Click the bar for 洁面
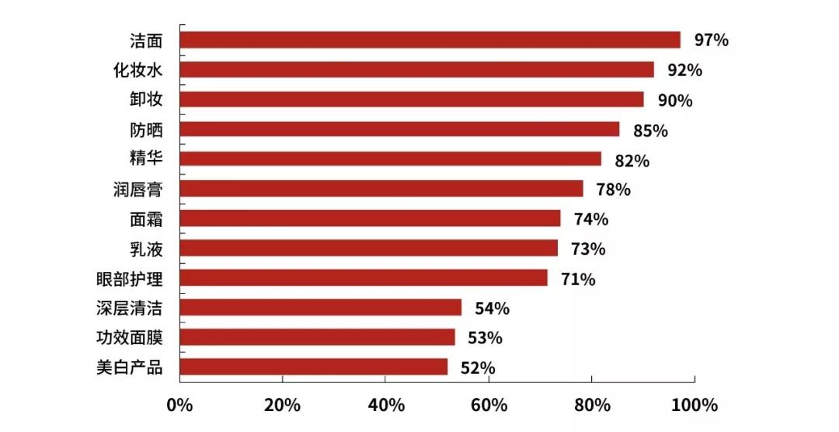[430, 40]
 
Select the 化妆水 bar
[416, 70]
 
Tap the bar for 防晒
[399, 129]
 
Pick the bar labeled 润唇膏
[381, 189]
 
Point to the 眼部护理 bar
[363, 278]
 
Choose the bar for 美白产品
[313, 367]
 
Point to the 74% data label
[590, 219]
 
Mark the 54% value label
[491, 308]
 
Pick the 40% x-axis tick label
[386, 406]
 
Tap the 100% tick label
[695, 406]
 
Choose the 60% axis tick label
[489, 406]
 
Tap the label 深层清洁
[129, 308]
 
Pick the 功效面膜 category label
[129, 337]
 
